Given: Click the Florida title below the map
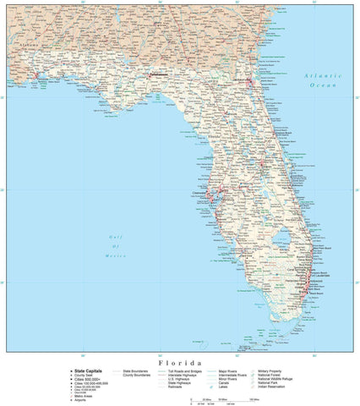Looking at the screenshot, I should pos(179,359).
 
